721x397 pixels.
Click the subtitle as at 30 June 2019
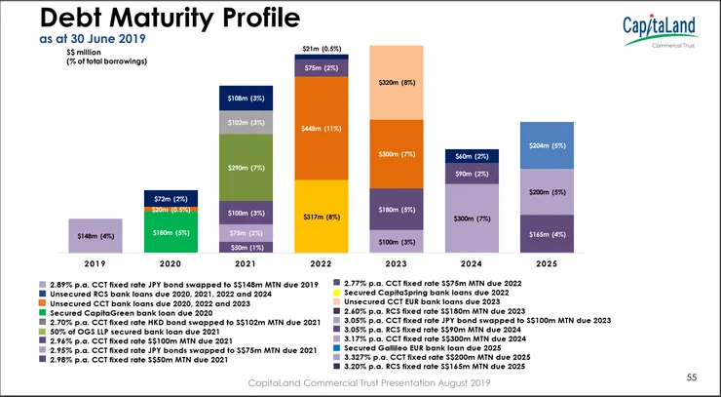(x=87, y=41)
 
